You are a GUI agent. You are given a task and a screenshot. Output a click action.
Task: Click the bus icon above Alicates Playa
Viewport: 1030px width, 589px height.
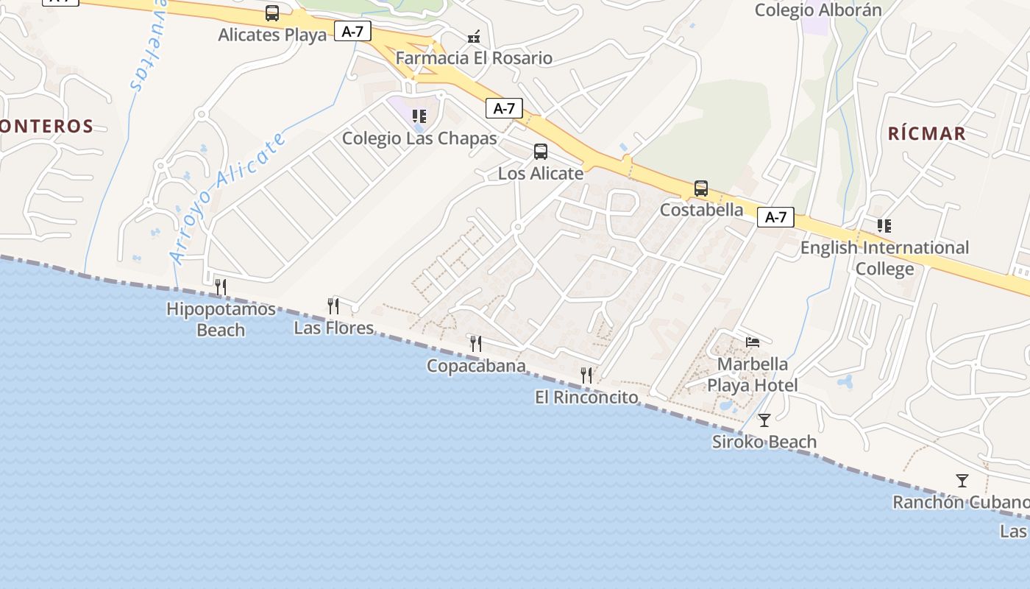[x=272, y=13]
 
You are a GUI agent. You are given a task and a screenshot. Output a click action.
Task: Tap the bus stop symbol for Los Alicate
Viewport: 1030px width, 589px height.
[x=541, y=152]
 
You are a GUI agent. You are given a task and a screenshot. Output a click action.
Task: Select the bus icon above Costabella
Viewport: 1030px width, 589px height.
[x=701, y=188]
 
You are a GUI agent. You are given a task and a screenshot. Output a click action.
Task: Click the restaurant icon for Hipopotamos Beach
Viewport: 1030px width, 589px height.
[x=221, y=286]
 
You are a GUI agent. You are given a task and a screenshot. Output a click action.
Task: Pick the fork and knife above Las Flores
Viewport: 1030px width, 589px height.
[x=333, y=306]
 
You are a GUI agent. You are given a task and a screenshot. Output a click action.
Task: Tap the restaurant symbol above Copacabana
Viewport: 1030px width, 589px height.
[x=476, y=343]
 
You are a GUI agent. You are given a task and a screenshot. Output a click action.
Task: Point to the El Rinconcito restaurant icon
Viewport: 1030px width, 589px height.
[x=586, y=375]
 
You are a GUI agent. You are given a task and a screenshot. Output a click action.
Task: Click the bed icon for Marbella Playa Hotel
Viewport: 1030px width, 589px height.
[x=753, y=342]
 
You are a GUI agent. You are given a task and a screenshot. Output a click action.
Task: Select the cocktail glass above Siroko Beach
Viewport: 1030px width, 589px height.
[x=764, y=420]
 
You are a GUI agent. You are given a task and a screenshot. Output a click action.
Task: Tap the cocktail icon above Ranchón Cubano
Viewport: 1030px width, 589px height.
[x=962, y=481]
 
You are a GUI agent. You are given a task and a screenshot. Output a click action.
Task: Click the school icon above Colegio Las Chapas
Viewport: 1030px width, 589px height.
[x=419, y=116]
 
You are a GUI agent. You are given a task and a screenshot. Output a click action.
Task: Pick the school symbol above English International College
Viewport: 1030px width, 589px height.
[x=884, y=226]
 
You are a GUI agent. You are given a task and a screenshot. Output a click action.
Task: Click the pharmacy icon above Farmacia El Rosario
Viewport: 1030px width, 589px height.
[x=475, y=36]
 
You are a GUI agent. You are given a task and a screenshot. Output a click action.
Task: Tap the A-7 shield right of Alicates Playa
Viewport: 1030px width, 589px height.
[x=352, y=31]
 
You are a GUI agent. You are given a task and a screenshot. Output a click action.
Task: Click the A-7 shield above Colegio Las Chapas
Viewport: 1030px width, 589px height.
[x=504, y=109]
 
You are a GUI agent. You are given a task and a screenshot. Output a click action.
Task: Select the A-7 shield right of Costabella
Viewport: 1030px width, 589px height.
[x=776, y=217]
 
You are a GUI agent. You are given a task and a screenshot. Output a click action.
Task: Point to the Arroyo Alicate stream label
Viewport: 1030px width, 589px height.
[x=227, y=197]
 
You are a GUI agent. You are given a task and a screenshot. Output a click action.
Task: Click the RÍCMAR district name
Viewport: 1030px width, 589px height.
[x=926, y=133]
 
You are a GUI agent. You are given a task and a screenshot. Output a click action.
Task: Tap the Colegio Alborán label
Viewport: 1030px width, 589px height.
[x=818, y=10]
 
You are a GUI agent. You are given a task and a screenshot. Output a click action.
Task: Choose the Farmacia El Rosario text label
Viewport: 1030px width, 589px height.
[x=474, y=58]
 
